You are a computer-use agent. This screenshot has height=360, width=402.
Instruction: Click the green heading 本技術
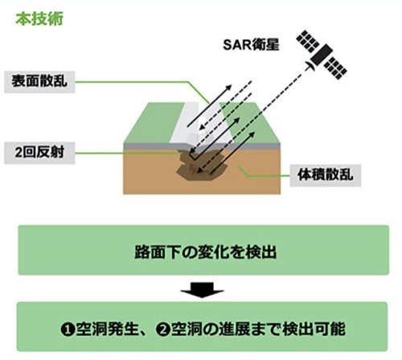[x=35, y=17]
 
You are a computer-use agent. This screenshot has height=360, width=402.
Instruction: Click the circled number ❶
[x=68, y=329]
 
